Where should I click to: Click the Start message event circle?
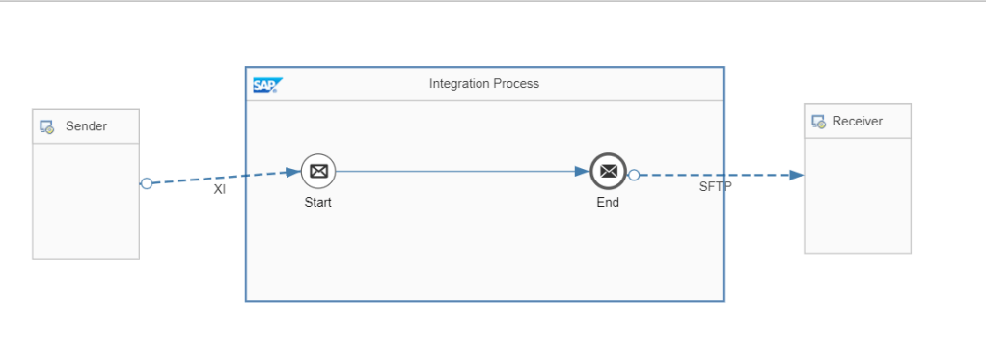(318, 172)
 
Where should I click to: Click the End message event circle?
(608, 172)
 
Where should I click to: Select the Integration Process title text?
(483, 84)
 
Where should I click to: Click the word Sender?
(86, 126)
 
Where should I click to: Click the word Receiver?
(857, 122)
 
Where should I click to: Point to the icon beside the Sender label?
(47, 126)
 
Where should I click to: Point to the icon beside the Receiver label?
(818, 122)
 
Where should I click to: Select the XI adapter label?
(220, 190)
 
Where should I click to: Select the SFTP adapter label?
(715, 186)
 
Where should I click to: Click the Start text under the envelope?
(318, 203)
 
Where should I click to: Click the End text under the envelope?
(608, 203)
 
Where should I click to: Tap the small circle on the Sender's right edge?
(146, 183)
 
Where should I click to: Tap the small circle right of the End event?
(634, 175)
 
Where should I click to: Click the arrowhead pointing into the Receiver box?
(796, 175)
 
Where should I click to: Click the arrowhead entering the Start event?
(293, 173)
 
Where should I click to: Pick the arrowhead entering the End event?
(582, 172)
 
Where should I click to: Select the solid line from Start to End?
(453, 172)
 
